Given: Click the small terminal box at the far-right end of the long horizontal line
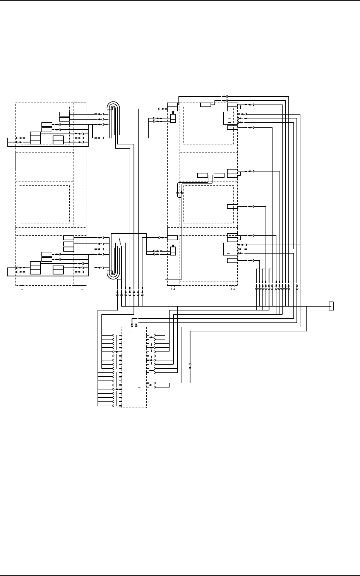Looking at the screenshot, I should coord(331,306).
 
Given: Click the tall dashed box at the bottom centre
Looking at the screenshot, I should coord(134,367).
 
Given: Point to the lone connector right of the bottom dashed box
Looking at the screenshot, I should coord(190,366).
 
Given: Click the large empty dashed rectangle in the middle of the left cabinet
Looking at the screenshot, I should coord(45,204).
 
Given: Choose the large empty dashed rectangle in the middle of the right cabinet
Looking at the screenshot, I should coord(208,204).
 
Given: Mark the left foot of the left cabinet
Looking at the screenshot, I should coord(22,288).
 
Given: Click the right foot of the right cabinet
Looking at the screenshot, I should coord(233,288).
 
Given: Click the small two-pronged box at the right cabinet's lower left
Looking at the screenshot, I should coord(173,250).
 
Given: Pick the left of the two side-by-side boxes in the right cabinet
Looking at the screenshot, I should coord(202,175).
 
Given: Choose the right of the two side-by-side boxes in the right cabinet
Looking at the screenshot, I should coord(219,175).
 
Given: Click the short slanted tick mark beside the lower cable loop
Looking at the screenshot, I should coord(120,242).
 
